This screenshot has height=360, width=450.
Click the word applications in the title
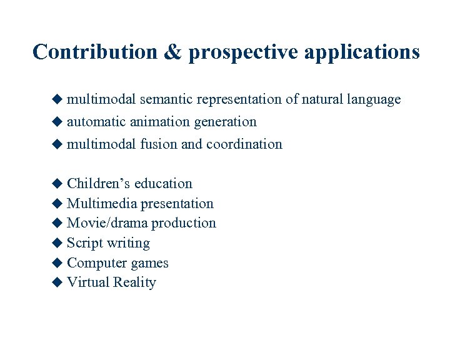362,52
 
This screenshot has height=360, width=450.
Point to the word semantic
166,99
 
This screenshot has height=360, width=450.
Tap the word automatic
96,122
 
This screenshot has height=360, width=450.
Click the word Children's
98,184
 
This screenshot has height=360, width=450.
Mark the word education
163,184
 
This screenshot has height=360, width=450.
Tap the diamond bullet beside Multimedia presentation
57,203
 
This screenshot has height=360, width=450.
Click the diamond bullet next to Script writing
57,242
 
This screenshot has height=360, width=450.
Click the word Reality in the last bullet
134,282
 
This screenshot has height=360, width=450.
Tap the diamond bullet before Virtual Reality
57,282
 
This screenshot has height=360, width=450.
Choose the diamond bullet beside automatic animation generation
57,121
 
